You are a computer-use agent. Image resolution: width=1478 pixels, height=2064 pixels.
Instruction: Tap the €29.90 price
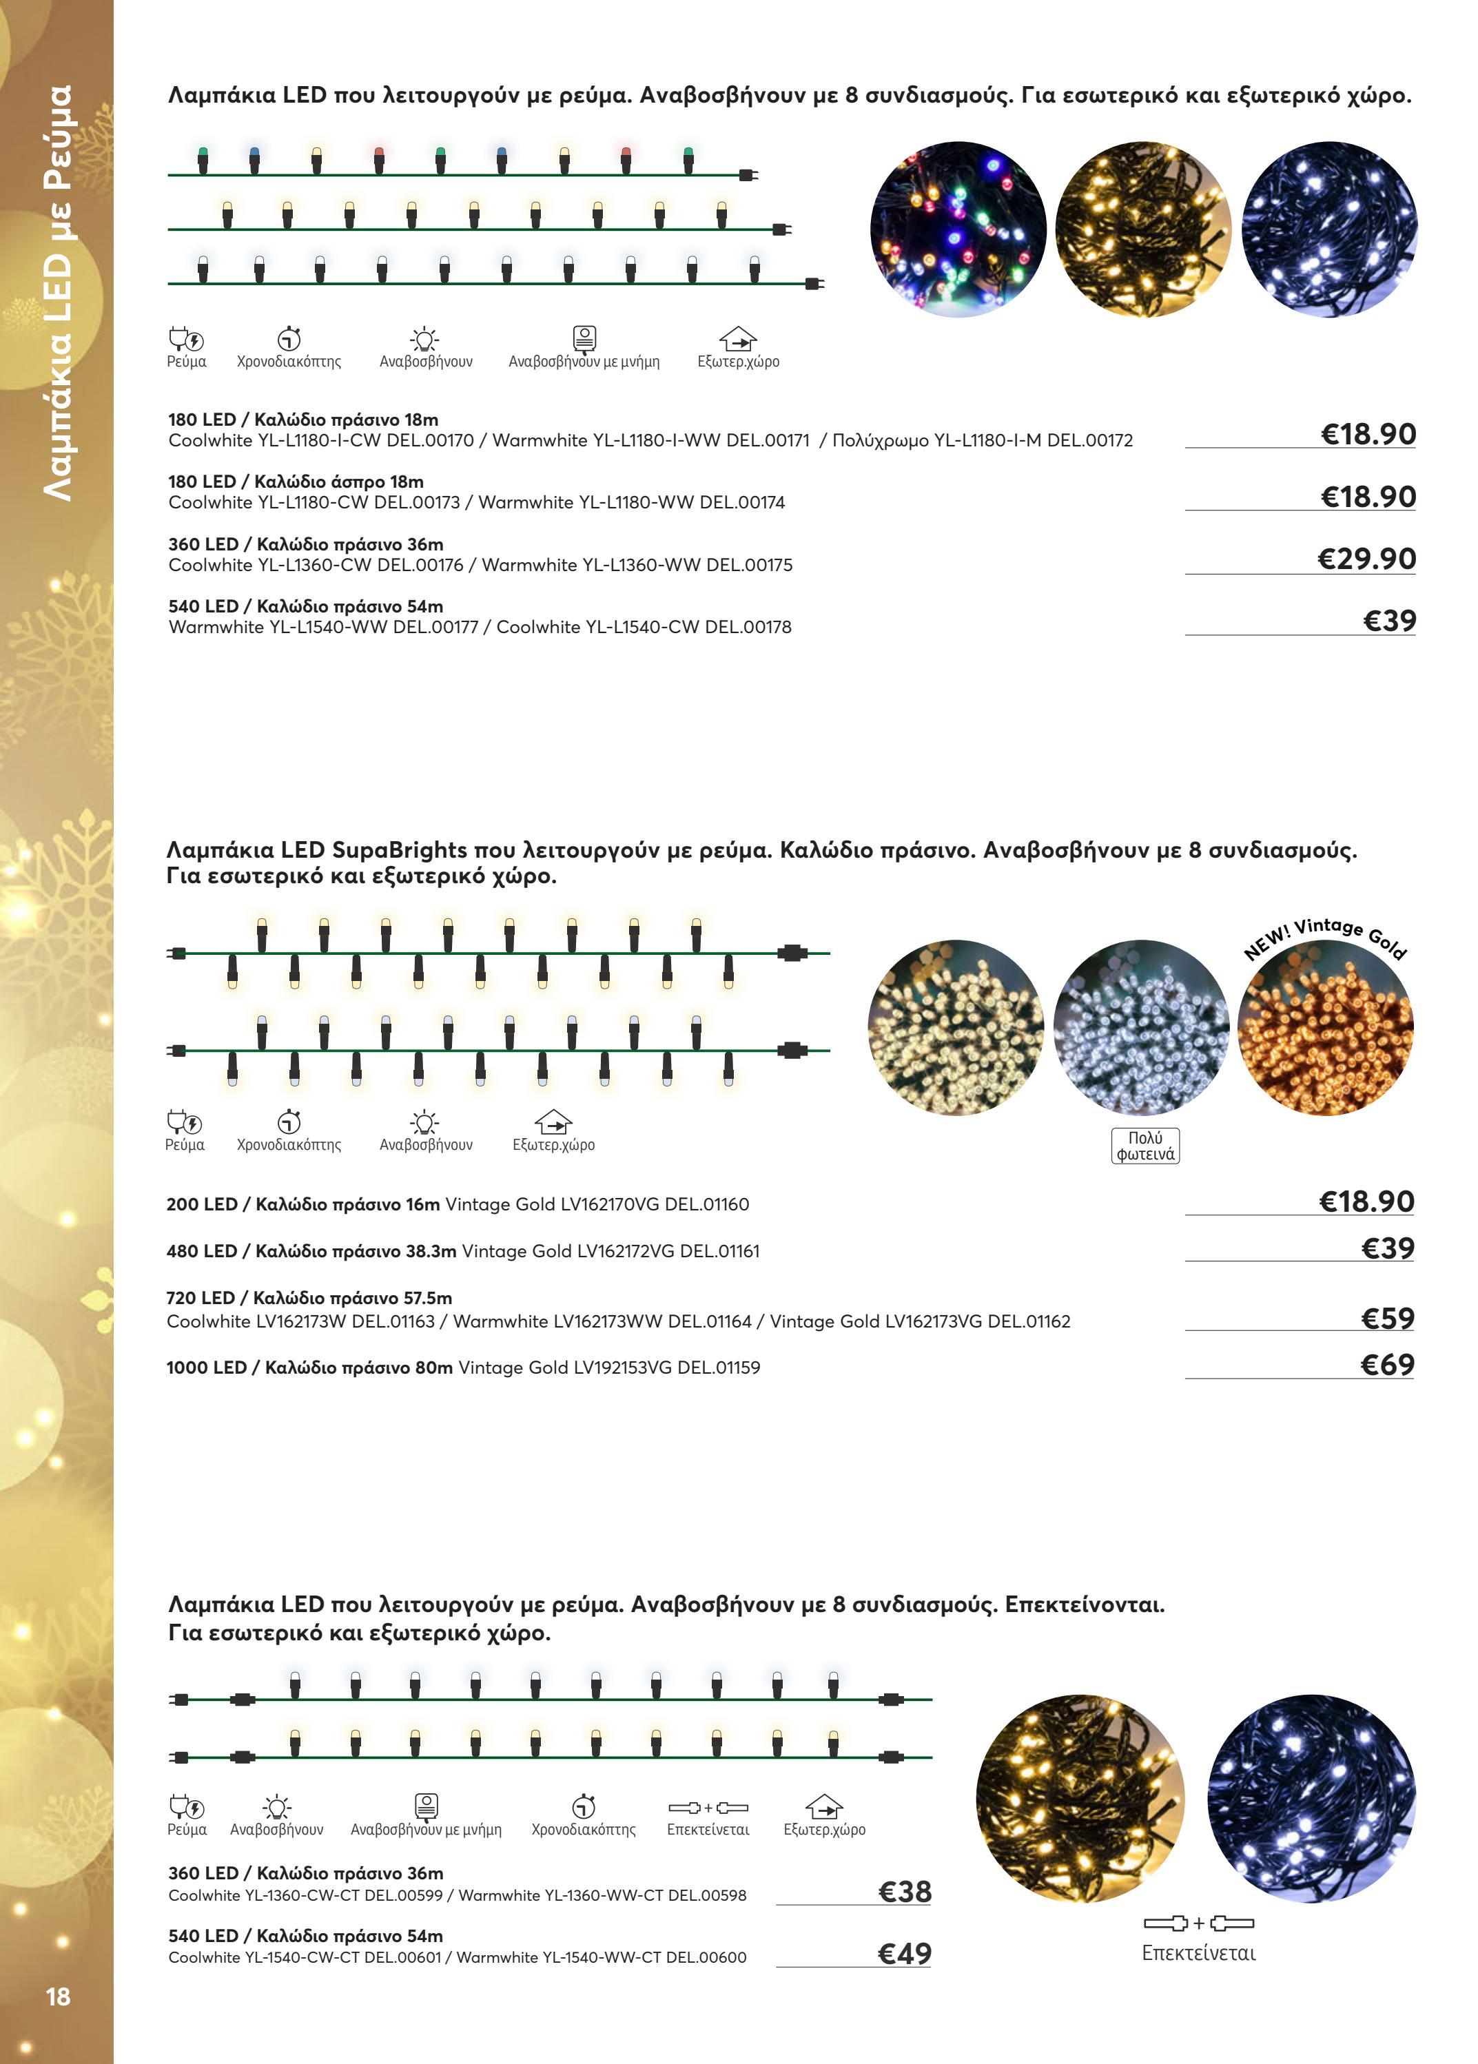coord(1366,559)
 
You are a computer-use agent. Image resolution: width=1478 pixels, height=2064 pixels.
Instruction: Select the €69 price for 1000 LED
coord(1387,1365)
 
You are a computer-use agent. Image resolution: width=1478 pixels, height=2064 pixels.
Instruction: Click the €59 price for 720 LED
coord(1387,1319)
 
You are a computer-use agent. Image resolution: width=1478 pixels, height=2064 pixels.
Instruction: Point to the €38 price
coord(904,1892)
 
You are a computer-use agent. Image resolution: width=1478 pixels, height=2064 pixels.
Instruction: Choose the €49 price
coord(904,1954)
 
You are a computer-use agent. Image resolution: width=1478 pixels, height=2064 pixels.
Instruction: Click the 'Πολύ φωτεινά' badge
coord(1145,1146)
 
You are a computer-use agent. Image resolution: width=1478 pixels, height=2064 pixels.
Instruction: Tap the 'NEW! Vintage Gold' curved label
coord(1326,936)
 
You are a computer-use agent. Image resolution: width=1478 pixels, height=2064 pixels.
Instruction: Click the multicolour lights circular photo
coord(957,229)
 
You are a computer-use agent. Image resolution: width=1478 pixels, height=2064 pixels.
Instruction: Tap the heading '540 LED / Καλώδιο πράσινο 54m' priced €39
coord(306,607)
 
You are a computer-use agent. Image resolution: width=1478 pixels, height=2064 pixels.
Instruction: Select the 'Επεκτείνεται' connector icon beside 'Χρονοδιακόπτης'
coord(708,1807)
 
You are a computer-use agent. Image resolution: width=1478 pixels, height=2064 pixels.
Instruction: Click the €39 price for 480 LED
coord(1387,1248)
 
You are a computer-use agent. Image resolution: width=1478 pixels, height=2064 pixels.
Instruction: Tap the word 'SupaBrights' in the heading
coord(399,851)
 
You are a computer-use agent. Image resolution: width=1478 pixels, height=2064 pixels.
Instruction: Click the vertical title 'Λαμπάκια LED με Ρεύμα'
coord(59,291)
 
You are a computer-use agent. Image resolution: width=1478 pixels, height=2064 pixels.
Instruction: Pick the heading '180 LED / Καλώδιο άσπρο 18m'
coord(296,482)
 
